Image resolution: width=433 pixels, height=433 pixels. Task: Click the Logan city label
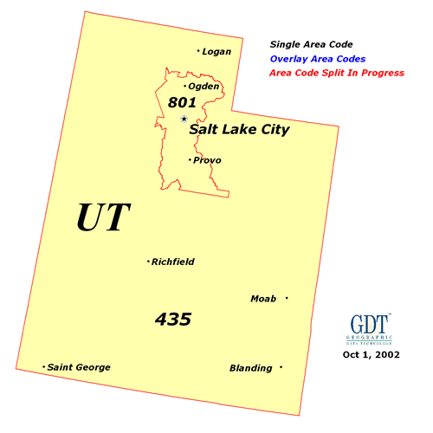tap(216, 52)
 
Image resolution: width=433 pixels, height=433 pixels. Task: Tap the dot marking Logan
tap(198, 51)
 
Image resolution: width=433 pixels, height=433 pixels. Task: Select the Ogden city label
tap(203, 87)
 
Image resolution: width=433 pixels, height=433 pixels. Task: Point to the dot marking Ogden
tap(184, 86)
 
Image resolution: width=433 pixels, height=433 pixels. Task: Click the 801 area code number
tap(183, 103)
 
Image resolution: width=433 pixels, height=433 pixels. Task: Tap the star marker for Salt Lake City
tap(184, 120)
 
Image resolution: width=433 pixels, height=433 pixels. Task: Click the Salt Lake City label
tap(239, 130)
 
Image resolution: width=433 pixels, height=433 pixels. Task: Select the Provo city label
tap(206, 160)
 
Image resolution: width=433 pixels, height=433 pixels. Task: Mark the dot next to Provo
tap(190, 159)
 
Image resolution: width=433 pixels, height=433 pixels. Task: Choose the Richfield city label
tap(173, 262)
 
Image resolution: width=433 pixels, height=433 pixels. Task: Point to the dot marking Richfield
tap(149, 262)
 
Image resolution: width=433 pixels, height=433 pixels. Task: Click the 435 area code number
tap(173, 319)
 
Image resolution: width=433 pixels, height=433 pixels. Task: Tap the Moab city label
tap(263, 299)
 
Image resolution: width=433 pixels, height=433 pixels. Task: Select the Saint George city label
tap(79, 367)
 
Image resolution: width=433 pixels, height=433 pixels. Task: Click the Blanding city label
tap(250, 368)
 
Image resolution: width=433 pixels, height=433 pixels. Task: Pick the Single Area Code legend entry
tap(311, 43)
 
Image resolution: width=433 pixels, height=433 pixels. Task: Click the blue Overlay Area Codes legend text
tap(317, 59)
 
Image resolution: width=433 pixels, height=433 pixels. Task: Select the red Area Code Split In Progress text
tap(337, 74)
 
